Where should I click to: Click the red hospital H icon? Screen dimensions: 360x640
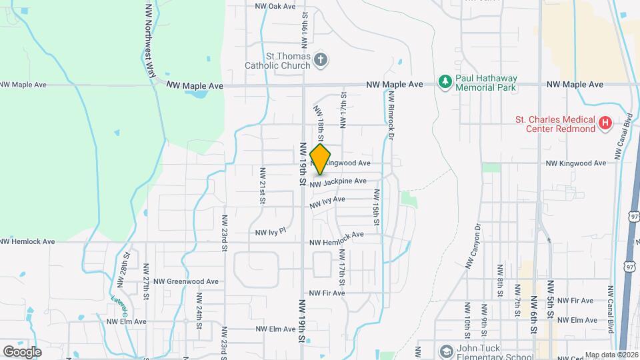[605, 123]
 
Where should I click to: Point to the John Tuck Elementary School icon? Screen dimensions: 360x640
[445, 351]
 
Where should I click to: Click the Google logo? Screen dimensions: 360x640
[22, 351]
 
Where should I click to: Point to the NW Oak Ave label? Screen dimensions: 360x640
[275, 6]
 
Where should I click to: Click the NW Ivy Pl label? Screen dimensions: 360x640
[270, 232]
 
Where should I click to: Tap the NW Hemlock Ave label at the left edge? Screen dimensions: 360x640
[27, 241]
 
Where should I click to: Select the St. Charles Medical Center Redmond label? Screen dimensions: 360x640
[555, 124]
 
